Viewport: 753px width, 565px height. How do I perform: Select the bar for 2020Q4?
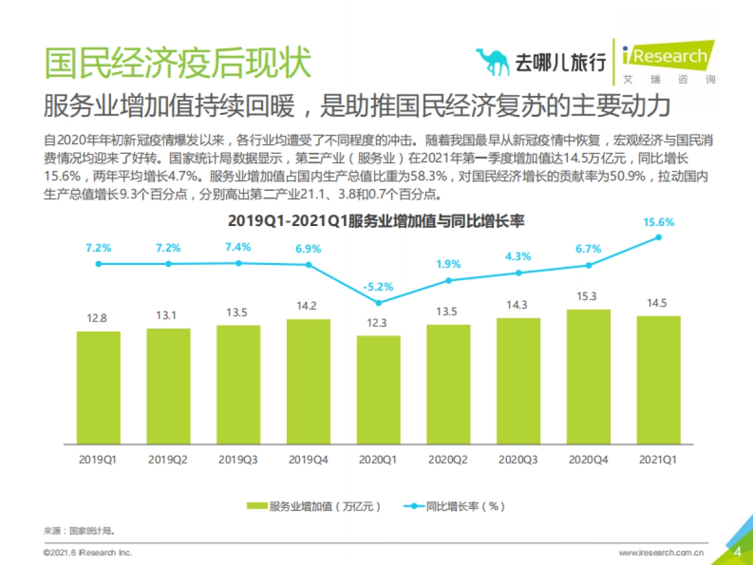coord(589,377)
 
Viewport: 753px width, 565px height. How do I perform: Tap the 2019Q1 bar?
coord(99,387)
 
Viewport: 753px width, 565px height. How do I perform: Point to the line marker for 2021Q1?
coord(658,237)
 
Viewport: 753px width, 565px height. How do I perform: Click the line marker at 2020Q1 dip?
coord(378,303)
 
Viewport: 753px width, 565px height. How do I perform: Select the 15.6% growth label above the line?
coord(658,222)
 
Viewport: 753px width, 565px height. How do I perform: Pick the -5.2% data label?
coord(378,287)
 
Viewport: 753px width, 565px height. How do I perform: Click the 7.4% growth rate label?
coord(238,247)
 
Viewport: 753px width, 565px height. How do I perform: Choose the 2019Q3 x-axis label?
coord(238,460)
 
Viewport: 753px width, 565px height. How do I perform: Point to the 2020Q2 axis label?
coord(448,460)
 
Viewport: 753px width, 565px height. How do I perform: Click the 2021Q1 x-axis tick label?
coord(658,460)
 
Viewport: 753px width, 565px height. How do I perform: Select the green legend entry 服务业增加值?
coord(314,506)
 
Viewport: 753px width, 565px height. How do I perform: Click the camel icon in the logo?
coord(493,61)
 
